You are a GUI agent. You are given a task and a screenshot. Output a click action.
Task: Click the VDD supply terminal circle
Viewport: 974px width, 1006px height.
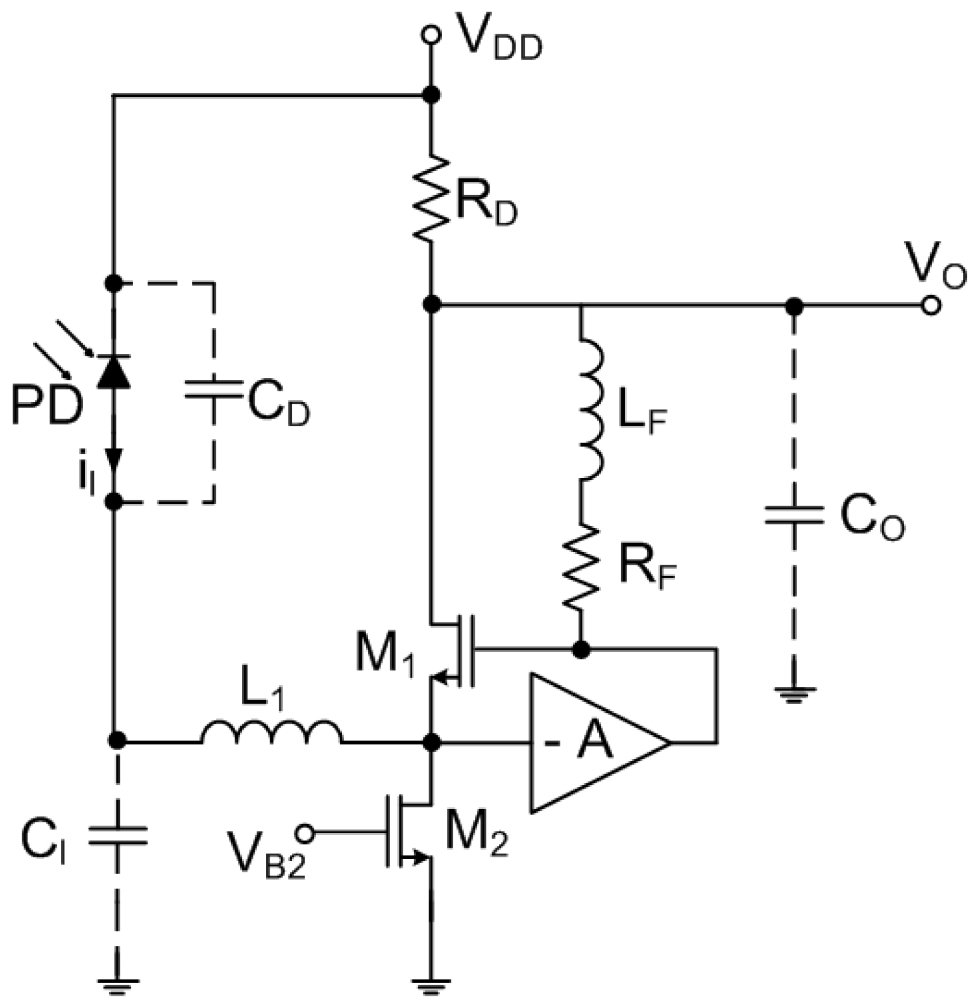point(431,36)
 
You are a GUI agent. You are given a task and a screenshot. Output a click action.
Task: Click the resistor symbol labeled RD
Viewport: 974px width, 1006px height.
point(431,199)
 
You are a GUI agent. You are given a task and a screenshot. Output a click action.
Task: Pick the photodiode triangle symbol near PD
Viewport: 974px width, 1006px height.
point(114,372)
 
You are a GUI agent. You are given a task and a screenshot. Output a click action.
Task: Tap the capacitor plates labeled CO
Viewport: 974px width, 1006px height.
point(794,516)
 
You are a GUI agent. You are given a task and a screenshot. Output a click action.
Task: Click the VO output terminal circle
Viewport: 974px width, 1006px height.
point(931,306)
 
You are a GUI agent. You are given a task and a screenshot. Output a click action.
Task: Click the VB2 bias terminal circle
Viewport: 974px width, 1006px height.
point(305,833)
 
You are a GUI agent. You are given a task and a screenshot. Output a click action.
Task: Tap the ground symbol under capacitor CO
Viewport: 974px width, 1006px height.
point(794,695)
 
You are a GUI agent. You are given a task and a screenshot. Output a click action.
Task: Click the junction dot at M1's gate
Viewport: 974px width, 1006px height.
point(581,650)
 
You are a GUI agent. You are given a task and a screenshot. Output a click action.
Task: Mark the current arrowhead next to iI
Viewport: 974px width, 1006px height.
point(114,459)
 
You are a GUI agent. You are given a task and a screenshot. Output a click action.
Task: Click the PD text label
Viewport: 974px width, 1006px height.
point(46,406)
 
